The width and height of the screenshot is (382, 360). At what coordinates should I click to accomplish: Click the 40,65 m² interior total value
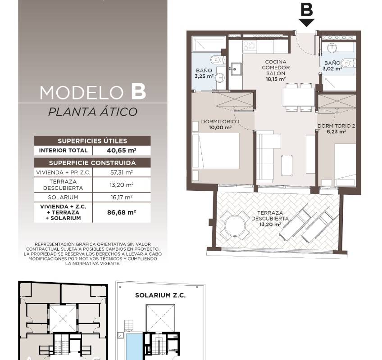tap(121, 150)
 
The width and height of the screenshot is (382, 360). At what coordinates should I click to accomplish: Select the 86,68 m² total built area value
tap(122, 212)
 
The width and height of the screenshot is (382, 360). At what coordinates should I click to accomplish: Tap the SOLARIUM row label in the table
tap(63, 198)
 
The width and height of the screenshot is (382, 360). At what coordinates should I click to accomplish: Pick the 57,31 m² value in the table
tap(122, 173)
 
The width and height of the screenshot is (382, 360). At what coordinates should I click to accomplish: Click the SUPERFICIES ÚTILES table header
tap(92, 141)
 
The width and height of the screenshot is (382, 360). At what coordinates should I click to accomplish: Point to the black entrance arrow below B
tap(306, 22)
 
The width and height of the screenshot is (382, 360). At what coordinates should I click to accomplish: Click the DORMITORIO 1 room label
tap(219, 121)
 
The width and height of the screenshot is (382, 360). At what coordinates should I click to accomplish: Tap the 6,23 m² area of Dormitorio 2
tap(336, 132)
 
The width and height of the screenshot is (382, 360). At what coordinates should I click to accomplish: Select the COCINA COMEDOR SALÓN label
tap(276, 67)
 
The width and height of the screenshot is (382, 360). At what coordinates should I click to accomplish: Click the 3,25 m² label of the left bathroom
tap(204, 76)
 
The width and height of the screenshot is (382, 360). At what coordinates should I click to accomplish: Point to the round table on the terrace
tap(235, 225)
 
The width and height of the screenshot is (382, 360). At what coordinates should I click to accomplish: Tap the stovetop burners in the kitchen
tap(250, 45)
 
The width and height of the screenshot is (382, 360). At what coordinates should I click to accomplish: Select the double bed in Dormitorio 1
tap(215, 151)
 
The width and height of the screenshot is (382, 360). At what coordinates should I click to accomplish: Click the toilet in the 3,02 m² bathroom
tap(348, 63)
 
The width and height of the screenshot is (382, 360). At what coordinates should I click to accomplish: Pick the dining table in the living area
tap(299, 97)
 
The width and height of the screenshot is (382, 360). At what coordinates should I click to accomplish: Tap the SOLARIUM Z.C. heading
tap(160, 295)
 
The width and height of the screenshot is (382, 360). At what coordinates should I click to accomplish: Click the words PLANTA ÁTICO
tap(93, 112)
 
